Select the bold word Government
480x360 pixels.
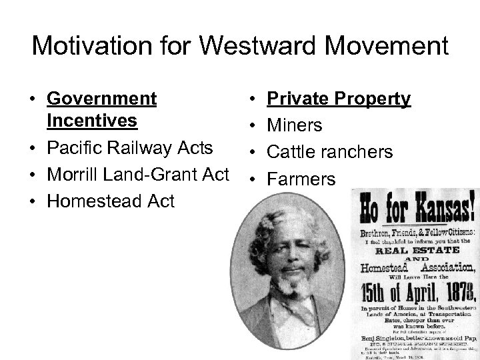(x=102, y=99)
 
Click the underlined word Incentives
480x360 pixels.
(x=92, y=121)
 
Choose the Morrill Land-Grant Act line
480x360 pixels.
(x=139, y=174)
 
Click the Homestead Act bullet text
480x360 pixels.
(x=111, y=201)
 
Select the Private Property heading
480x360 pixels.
(x=339, y=99)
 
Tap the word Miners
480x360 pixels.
(x=295, y=125)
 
